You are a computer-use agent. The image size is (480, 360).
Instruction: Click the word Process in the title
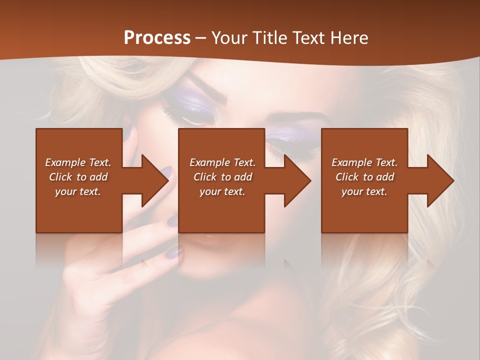pos(157,38)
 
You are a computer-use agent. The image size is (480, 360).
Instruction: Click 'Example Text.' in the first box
pos(78,162)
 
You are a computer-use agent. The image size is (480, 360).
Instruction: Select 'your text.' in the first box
pos(78,191)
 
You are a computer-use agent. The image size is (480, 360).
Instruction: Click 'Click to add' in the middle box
pos(222,177)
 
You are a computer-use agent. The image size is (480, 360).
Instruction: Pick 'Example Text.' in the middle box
pos(222,162)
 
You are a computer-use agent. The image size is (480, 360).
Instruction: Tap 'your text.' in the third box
pos(364,191)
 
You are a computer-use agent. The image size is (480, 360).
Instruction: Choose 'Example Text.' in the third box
pos(364,162)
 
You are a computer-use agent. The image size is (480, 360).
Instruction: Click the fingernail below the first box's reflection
pos(173,253)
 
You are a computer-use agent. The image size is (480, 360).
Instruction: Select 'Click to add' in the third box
pos(364,177)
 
